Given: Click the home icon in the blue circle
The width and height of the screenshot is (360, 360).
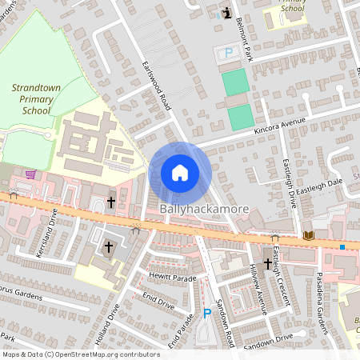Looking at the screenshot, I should (180, 173).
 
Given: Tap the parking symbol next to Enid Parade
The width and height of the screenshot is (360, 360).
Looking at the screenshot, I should (207, 313).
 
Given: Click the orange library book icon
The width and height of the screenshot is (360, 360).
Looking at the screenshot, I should (308, 235).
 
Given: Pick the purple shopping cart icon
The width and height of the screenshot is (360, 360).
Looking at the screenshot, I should (30, 174).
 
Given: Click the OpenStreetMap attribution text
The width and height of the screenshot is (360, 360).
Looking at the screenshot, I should (81, 354).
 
